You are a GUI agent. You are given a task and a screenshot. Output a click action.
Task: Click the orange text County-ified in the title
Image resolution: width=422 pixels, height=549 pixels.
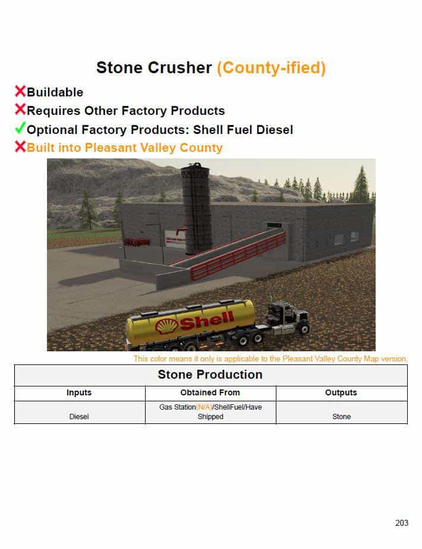point(271,68)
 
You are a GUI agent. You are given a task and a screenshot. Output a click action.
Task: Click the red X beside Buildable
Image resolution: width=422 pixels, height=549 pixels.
point(20,91)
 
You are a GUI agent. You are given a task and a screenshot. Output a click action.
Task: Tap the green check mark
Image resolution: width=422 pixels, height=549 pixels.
point(20,128)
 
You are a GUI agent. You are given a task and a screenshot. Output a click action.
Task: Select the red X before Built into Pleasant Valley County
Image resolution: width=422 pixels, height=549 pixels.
point(20,146)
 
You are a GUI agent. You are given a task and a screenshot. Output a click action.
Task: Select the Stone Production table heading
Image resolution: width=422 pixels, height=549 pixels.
point(210,375)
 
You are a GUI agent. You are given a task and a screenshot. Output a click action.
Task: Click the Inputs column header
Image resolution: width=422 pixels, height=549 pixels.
point(79,392)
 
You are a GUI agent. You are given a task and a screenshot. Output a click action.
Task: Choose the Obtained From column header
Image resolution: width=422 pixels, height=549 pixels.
point(210,392)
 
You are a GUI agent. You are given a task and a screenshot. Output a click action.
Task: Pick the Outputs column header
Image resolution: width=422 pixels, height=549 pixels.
point(341,392)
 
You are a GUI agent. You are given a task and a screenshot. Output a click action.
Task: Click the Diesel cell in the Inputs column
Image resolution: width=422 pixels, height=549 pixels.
point(79,417)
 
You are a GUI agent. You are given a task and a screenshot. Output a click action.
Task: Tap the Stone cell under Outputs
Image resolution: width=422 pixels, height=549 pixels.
point(342,417)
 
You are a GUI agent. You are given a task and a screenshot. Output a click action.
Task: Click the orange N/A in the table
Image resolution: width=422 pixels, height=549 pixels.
point(204,407)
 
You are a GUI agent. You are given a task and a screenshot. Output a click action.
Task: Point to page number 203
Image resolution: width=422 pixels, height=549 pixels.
point(402,523)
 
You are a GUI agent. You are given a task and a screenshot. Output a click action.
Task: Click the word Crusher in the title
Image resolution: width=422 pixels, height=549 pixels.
point(179,68)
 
